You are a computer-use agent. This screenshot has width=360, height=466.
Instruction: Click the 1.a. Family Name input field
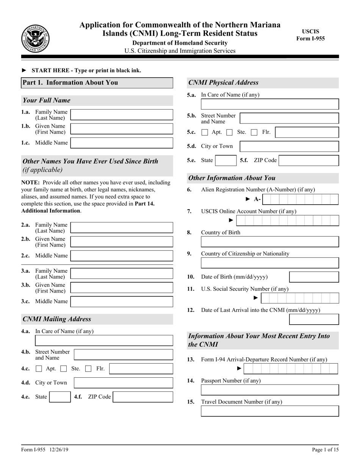click(x=122, y=115)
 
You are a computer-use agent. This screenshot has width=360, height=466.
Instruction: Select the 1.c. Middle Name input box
click(x=122, y=143)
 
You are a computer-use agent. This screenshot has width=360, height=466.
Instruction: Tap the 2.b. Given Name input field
click(x=122, y=242)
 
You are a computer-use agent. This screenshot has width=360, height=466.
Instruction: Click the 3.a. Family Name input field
click(x=122, y=274)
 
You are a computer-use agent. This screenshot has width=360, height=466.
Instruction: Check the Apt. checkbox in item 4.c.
click(x=39, y=369)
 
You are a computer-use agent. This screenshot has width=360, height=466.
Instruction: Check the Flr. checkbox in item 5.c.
click(x=255, y=132)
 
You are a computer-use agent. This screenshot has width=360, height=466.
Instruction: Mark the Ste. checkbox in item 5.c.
click(x=229, y=132)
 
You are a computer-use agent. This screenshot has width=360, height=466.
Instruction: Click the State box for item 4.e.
click(x=59, y=397)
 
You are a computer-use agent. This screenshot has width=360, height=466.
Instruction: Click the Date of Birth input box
click(x=314, y=277)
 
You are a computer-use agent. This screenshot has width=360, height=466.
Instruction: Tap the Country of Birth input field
click(x=270, y=242)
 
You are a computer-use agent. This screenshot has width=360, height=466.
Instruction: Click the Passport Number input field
click(x=270, y=390)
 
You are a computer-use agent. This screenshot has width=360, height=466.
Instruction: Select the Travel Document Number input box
click(x=270, y=411)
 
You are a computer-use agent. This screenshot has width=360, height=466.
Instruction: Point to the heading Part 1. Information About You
click(x=70, y=83)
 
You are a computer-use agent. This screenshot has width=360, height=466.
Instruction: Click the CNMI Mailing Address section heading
click(x=57, y=319)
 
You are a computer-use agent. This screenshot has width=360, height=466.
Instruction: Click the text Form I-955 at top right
click(x=310, y=38)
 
